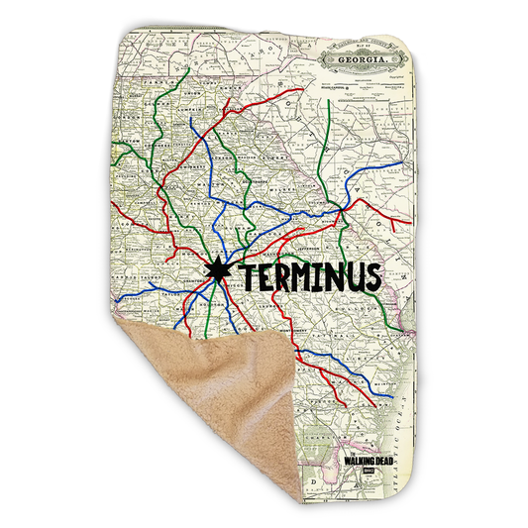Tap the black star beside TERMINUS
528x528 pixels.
point(218,269)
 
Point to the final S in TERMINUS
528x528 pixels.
point(368,276)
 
